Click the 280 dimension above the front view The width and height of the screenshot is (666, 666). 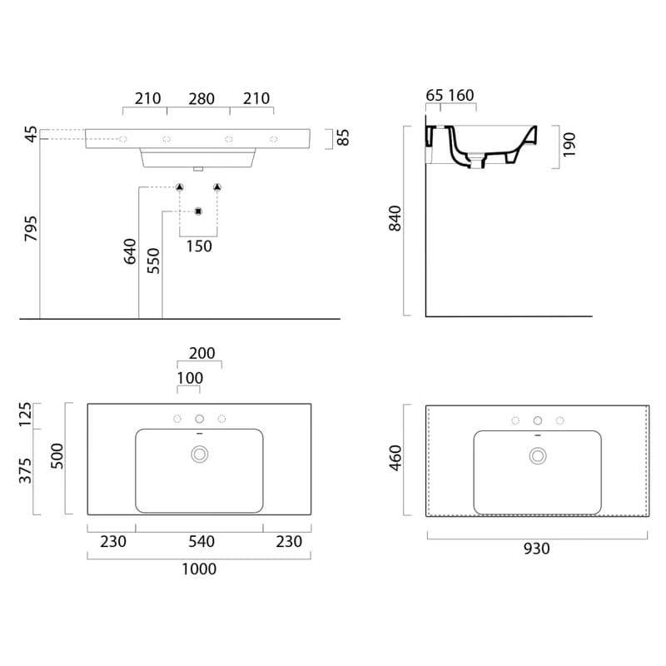coord(201,99)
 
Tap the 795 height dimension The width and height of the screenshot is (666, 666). coord(31,228)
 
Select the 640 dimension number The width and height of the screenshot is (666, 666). coord(130,251)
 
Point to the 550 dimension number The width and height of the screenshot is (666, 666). coord(153,261)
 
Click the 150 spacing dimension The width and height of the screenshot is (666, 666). coord(199,246)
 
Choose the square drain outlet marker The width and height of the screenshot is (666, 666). coord(198,211)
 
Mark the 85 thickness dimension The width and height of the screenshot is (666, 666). coord(343,137)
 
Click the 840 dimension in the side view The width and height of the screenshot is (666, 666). coord(395,218)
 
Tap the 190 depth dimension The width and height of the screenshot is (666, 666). coord(569,145)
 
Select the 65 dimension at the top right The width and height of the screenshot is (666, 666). coord(434,95)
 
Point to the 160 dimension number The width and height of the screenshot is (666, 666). coord(461,95)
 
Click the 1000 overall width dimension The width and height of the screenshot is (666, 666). coord(199,569)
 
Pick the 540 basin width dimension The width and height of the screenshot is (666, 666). coord(201,542)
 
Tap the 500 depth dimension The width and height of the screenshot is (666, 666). coord(57,456)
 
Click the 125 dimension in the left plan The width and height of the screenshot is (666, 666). coord(26,415)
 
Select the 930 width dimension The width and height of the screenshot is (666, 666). coord(537,549)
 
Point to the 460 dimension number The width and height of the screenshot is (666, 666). coord(395,459)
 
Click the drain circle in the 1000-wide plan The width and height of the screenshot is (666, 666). coord(199,454)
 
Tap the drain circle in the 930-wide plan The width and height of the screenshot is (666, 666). coord(538,455)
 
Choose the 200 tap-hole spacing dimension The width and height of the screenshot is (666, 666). coord(202,353)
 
